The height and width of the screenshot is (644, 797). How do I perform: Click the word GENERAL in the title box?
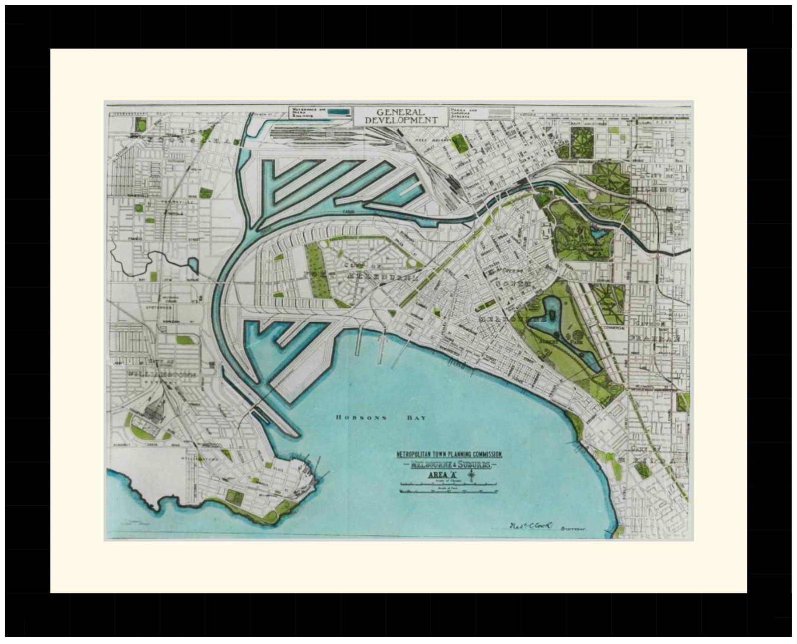(x=401, y=112)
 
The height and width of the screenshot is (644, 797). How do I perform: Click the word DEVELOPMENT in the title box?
(x=401, y=120)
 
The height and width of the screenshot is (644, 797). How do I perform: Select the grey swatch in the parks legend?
(x=503, y=112)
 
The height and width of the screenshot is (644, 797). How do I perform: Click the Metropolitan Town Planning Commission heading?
(x=449, y=455)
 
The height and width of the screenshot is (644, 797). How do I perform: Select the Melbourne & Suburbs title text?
(x=450, y=465)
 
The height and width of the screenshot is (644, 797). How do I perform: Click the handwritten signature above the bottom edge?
(x=530, y=526)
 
